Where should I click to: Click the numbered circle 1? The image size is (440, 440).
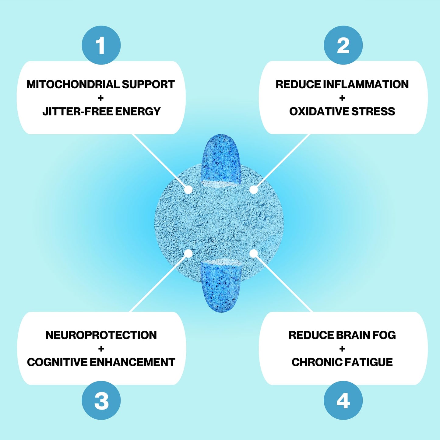pos(101,45)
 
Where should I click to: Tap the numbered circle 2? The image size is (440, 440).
pos(343,45)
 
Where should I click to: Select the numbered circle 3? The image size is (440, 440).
pos(101,400)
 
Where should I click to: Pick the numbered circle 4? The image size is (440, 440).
pos(343,400)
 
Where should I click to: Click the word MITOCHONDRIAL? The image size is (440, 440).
pos(73,84)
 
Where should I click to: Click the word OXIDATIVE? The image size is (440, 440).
pos(319,111)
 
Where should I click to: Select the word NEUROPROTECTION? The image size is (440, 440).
pos(101,335)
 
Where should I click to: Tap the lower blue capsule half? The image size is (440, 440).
pos(221,286)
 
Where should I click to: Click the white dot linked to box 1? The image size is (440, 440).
pos(188,189)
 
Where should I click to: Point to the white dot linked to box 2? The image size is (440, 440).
pos(254,189)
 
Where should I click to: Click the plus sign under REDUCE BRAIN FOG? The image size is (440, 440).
pos(342,349)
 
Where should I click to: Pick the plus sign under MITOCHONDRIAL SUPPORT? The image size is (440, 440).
pos(100,98)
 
